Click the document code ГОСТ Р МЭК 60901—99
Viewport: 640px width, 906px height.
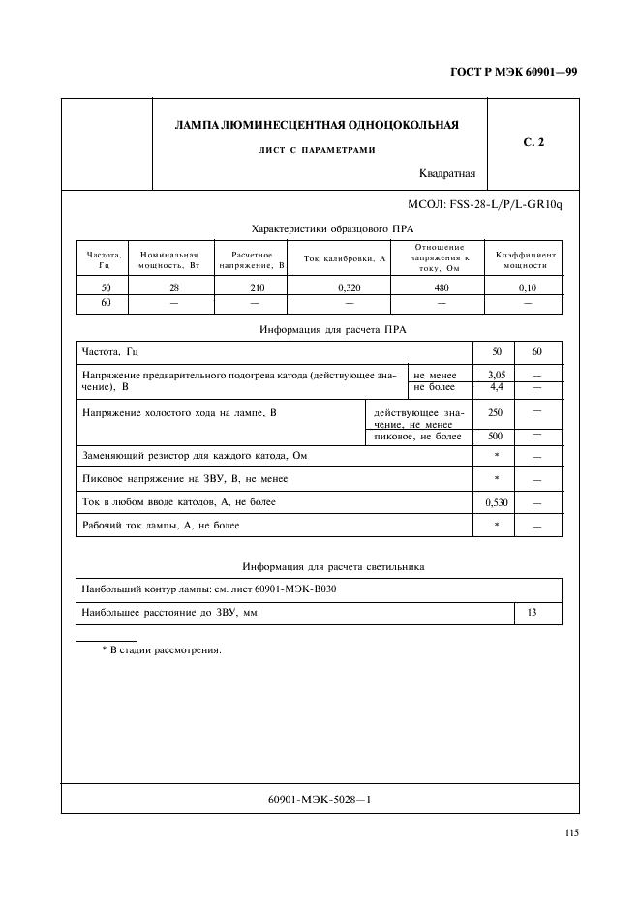[x=514, y=72]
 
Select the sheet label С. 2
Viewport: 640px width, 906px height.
[x=533, y=143]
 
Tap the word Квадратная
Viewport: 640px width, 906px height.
[x=447, y=174]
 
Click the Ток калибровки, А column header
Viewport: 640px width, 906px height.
[x=345, y=258]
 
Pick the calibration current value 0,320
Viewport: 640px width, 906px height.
[x=345, y=287]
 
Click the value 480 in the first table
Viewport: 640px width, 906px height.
[x=440, y=287]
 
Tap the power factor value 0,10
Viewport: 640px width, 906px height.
[x=527, y=287]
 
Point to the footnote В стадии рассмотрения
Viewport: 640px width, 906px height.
[x=162, y=649]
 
